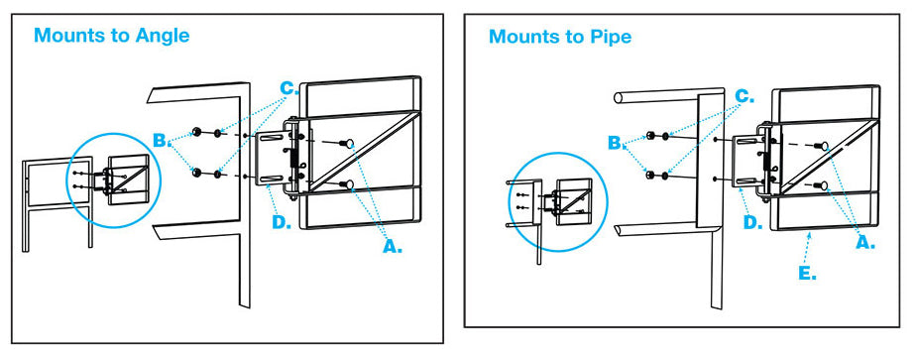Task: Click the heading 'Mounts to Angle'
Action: [112, 36]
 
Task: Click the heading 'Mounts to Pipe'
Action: [560, 37]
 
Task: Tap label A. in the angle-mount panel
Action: [393, 247]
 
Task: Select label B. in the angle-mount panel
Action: [160, 140]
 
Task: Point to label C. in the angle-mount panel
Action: [288, 89]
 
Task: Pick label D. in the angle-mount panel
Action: [282, 222]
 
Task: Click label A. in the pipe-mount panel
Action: [865, 243]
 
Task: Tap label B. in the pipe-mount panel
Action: [616, 143]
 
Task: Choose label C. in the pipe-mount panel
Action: [744, 96]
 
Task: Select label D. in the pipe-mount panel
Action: [753, 222]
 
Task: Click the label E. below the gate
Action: [807, 273]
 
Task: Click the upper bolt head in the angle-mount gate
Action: [349, 143]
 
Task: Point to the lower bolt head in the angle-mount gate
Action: [349, 184]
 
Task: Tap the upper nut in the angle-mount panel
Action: [197, 132]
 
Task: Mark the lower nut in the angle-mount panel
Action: [197, 173]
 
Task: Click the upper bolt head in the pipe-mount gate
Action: [824, 146]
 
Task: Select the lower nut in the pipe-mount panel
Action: [648, 175]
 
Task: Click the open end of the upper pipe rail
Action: [618, 97]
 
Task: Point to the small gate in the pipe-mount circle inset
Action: [573, 201]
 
